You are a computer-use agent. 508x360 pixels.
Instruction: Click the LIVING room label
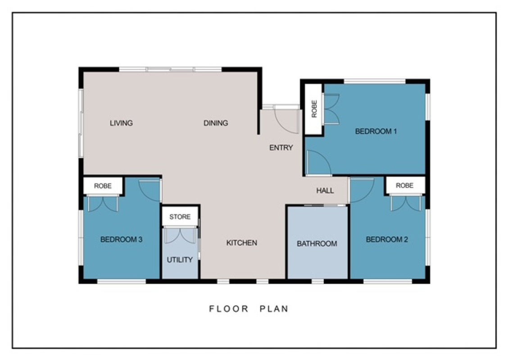[121, 123]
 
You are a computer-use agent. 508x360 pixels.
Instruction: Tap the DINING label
[216, 123]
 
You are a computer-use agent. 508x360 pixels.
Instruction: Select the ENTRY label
[281, 148]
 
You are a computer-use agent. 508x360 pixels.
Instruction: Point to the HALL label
[325, 190]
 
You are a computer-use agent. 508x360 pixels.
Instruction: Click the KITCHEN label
[242, 243]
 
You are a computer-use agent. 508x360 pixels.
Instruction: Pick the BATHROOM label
[317, 243]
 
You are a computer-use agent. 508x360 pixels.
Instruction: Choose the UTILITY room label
[180, 260]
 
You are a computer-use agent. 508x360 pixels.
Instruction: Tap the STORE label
[180, 216]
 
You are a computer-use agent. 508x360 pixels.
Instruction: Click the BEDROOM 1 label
[376, 131]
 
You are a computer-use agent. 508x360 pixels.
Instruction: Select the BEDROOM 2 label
[387, 239]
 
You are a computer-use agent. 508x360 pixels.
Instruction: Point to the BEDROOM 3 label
[121, 239]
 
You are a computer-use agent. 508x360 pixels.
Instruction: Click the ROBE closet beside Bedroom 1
[313, 109]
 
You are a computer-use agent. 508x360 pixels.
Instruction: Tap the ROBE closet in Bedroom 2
[405, 185]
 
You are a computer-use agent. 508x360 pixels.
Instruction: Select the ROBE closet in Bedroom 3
[103, 186]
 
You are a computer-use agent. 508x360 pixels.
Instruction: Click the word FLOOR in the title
[228, 309]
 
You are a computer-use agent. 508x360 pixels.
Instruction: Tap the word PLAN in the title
[274, 309]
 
